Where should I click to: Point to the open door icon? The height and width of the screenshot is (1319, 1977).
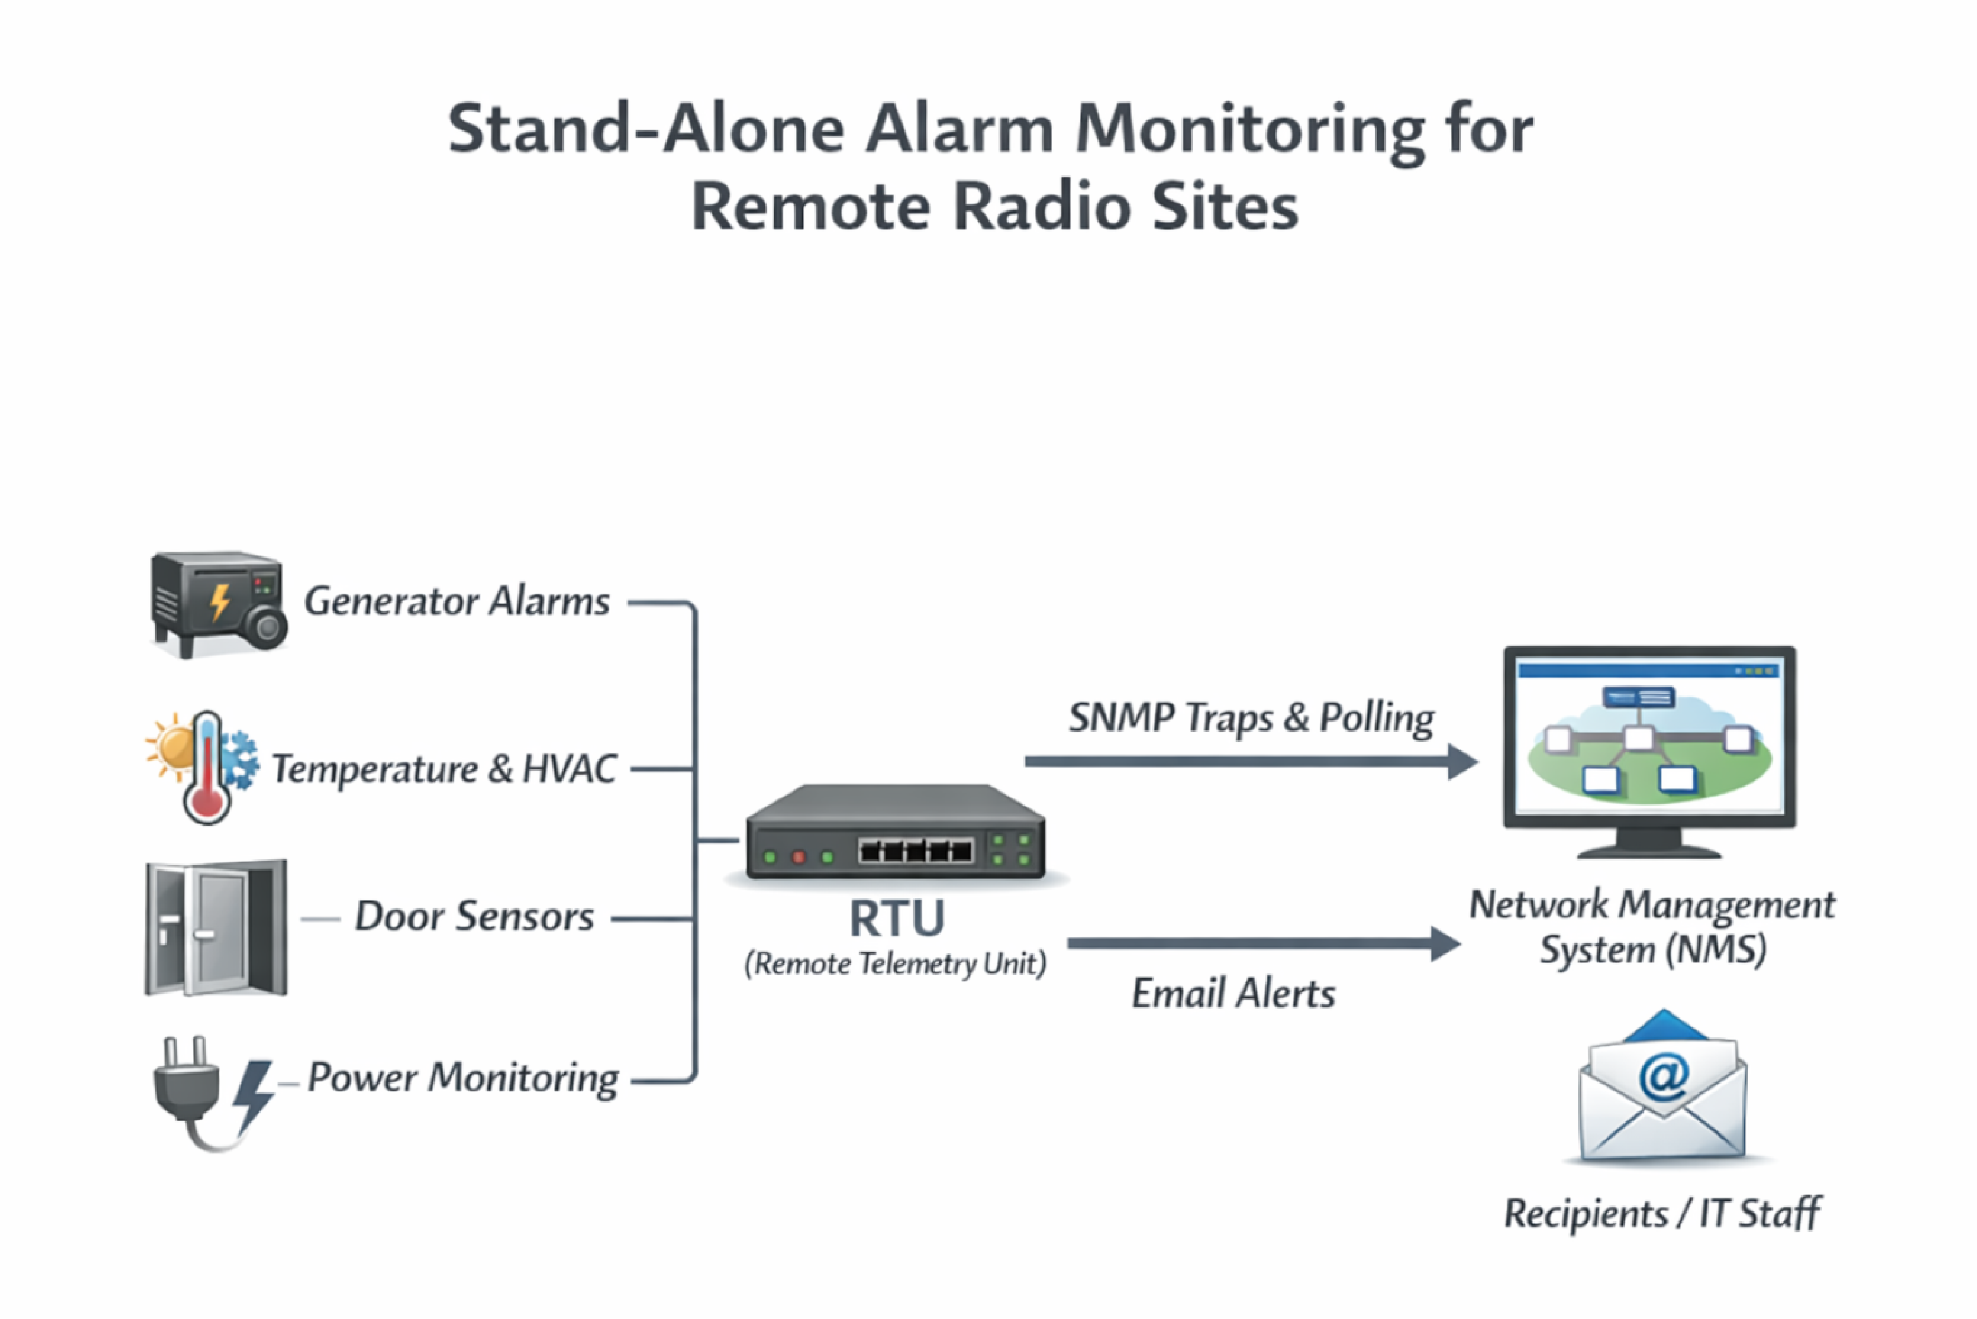(216, 928)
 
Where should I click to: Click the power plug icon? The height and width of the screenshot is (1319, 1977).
(187, 1085)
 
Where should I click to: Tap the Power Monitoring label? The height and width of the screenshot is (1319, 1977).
(463, 1078)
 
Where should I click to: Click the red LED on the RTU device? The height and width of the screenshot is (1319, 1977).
(799, 857)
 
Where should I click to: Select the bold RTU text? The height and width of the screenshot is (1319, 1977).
(897, 918)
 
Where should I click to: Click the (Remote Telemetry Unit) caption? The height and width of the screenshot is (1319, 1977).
(895, 964)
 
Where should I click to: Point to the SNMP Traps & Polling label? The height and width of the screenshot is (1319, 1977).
(1251, 719)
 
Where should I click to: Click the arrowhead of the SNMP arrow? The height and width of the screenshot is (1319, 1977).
(1462, 762)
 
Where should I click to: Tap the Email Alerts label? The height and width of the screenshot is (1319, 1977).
(1233, 994)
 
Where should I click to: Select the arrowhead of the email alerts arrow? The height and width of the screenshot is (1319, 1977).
(1445, 944)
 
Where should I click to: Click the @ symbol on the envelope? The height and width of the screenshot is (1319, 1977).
(1663, 1076)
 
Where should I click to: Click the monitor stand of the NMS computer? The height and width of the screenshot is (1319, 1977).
(1649, 843)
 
